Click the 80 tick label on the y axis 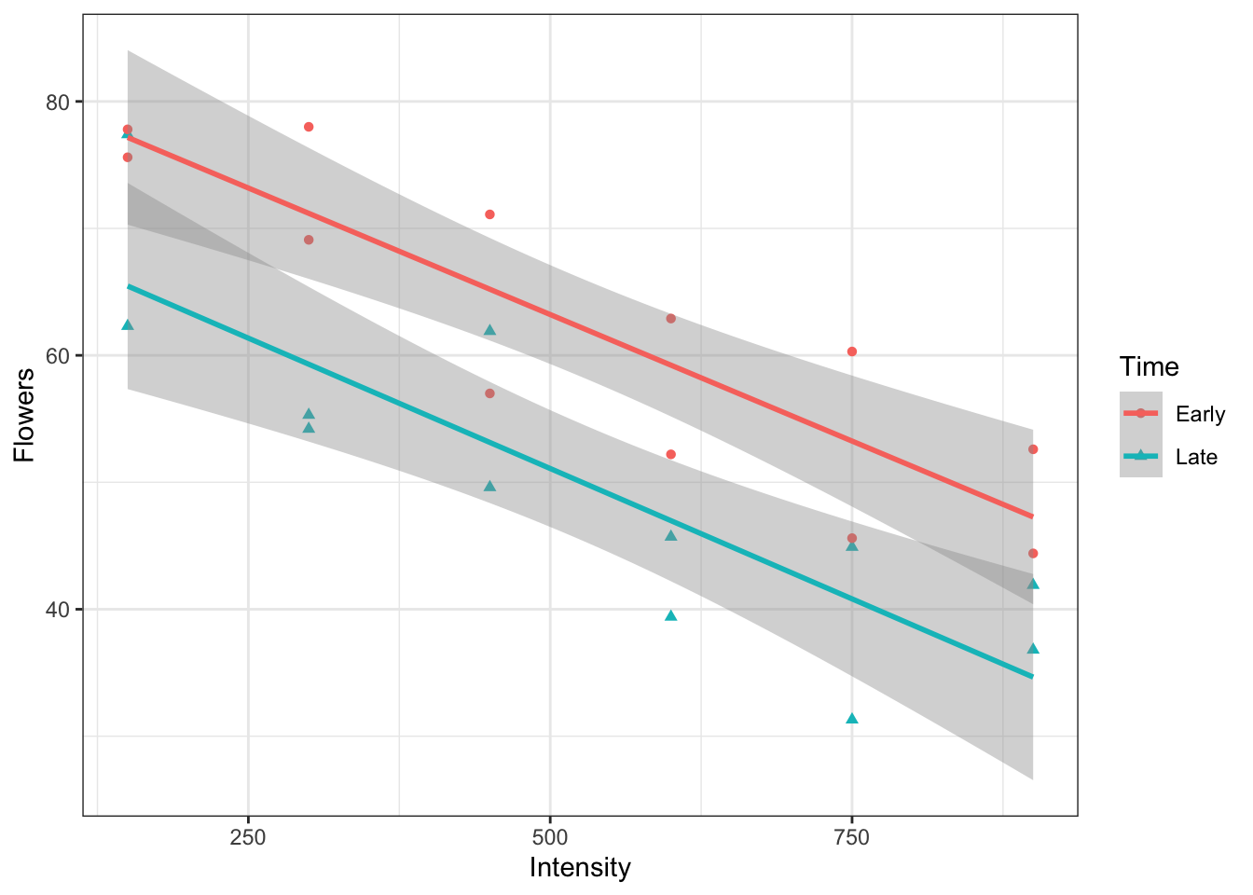pyautogui.click(x=59, y=102)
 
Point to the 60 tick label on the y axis pyautogui.click(x=59, y=355)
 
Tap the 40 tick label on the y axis pyautogui.click(x=59, y=610)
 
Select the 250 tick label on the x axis pyautogui.click(x=248, y=837)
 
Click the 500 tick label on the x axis pyautogui.click(x=550, y=837)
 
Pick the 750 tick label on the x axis pyautogui.click(x=851, y=837)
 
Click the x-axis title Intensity pyautogui.click(x=580, y=868)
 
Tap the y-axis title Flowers pyautogui.click(x=25, y=415)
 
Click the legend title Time pyautogui.click(x=1150, y=367)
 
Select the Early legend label pyautogui.click(x=1200, y=414)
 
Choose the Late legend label pyautogui.click(x=1196, y=457)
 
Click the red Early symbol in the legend pyautogui.click(x=1141, y=413)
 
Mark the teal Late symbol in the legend pyautogui.click(x=1141, y=456)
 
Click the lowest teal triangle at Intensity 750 pyautogui.click(x=851, y=718)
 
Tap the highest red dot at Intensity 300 pyautogui.click(x=309, y=127)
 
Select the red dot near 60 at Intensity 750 pyautogui.click(x=851, y=351)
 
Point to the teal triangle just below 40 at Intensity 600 pyautogui.click(x=670, y=615)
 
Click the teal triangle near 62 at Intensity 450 pyautogui.click(x=489, y=330)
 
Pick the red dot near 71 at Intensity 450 pyautogui.click(x=489, y=214)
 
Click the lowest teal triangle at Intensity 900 pyautogui.click(x=1032, y=649)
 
